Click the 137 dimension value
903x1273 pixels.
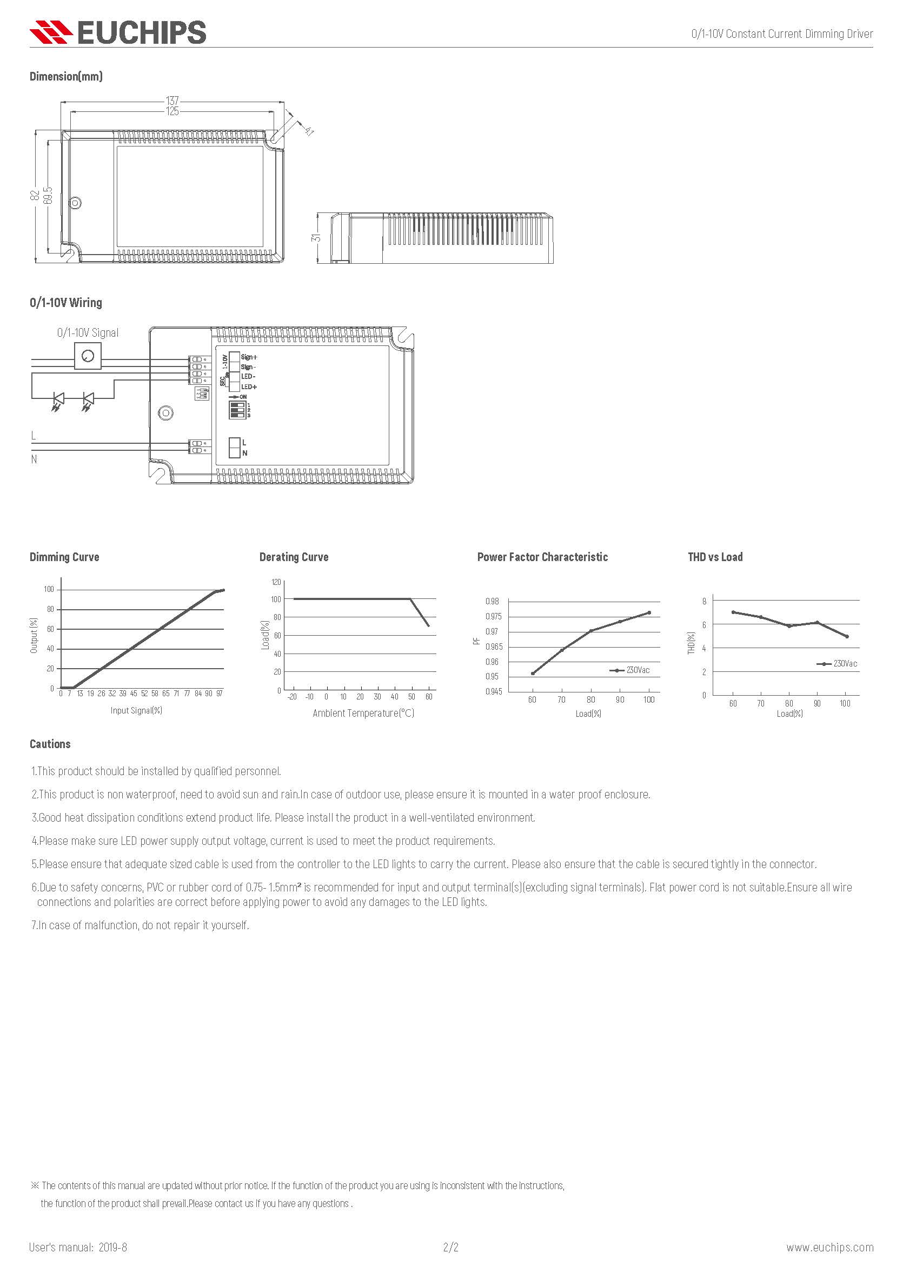pyautogui.click(x=172, y=101)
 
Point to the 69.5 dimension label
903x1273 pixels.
pyautogui.click(x=48, y=195)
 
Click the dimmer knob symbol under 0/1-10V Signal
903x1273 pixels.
pyautogui.click(x=88, y=356)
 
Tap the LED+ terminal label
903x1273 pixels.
pyautogui.click(x=249, y=386)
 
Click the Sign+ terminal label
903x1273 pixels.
pyautogui.click(x=249, y=357)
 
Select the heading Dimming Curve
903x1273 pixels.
pyautogui.click(x=64, y=557)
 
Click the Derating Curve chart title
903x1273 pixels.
pyautogui.click(x=294, y=557)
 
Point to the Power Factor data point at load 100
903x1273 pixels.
pyautogui.click(x=649, y=612)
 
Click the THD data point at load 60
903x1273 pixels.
pyautogui.click(x=733, y=612)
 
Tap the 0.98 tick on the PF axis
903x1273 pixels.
pyautogui.click(x=492, y=602)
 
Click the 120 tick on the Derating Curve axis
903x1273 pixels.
pyautogui.click(x=276, y=582)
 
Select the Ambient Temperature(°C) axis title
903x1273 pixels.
pyautogui.click(x=363, y=713)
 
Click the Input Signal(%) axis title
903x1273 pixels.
pyautogui.click(x=136, y=710)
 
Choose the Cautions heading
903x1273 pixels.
pyautogui.click(x=50, y=744)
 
